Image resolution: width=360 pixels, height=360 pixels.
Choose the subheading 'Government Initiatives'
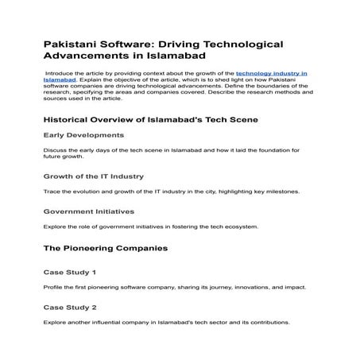pyautogui.click(x=89, y=211)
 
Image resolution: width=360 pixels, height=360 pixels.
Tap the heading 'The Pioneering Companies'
pyautogui.click(x=105, y=249)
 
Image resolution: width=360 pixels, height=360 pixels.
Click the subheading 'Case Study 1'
pyautogui.click(x=69, y=272)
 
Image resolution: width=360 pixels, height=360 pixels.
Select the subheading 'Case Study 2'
pyautogui.click(x=69, y=307)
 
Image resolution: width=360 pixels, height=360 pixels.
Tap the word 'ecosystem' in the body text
pyautogui.click(x=234, y=226)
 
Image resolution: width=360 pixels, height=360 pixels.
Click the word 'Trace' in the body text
pyautogui.click(x=52, y=192)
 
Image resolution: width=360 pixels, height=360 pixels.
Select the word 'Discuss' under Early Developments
pyautogui.click(x=55, y=149)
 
